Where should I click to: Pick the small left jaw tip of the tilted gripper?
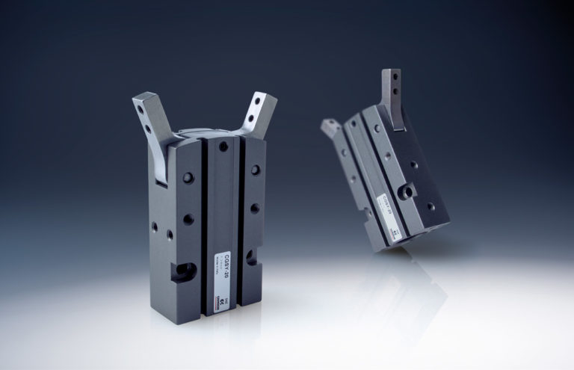click(330, 129)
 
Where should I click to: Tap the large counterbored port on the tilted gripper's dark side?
click(407, 193)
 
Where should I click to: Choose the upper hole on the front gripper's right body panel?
click(256, 170)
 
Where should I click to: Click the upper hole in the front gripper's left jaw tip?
click(143, 108)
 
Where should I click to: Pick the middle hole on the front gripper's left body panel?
click(188, 219)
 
